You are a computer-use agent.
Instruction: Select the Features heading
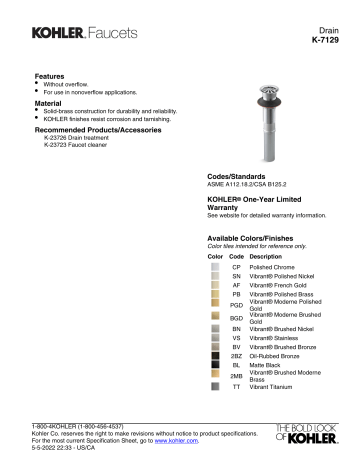tap(50, 76)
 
